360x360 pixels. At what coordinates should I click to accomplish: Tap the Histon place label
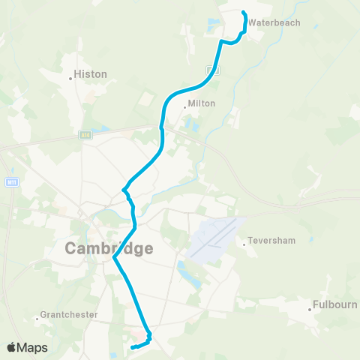(91, 74)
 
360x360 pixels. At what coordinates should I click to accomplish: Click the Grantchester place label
(69, 315)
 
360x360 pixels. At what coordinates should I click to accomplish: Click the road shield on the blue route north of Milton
(214, 70)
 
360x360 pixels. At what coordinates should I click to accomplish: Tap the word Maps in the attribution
(33, 347)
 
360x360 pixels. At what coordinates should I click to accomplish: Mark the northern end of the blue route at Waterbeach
(244, 12)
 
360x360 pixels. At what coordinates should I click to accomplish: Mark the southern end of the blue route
(131, 347)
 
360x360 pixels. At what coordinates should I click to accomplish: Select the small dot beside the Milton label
(184, 105)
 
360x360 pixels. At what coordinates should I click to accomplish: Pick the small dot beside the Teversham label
(244, 242)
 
